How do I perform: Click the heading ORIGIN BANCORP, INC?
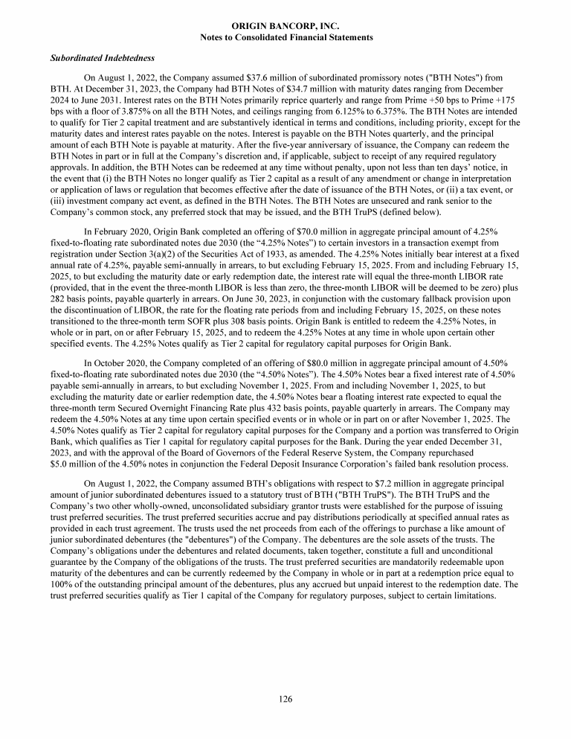tap(285, 26)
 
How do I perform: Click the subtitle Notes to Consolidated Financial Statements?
tap(285, 37)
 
